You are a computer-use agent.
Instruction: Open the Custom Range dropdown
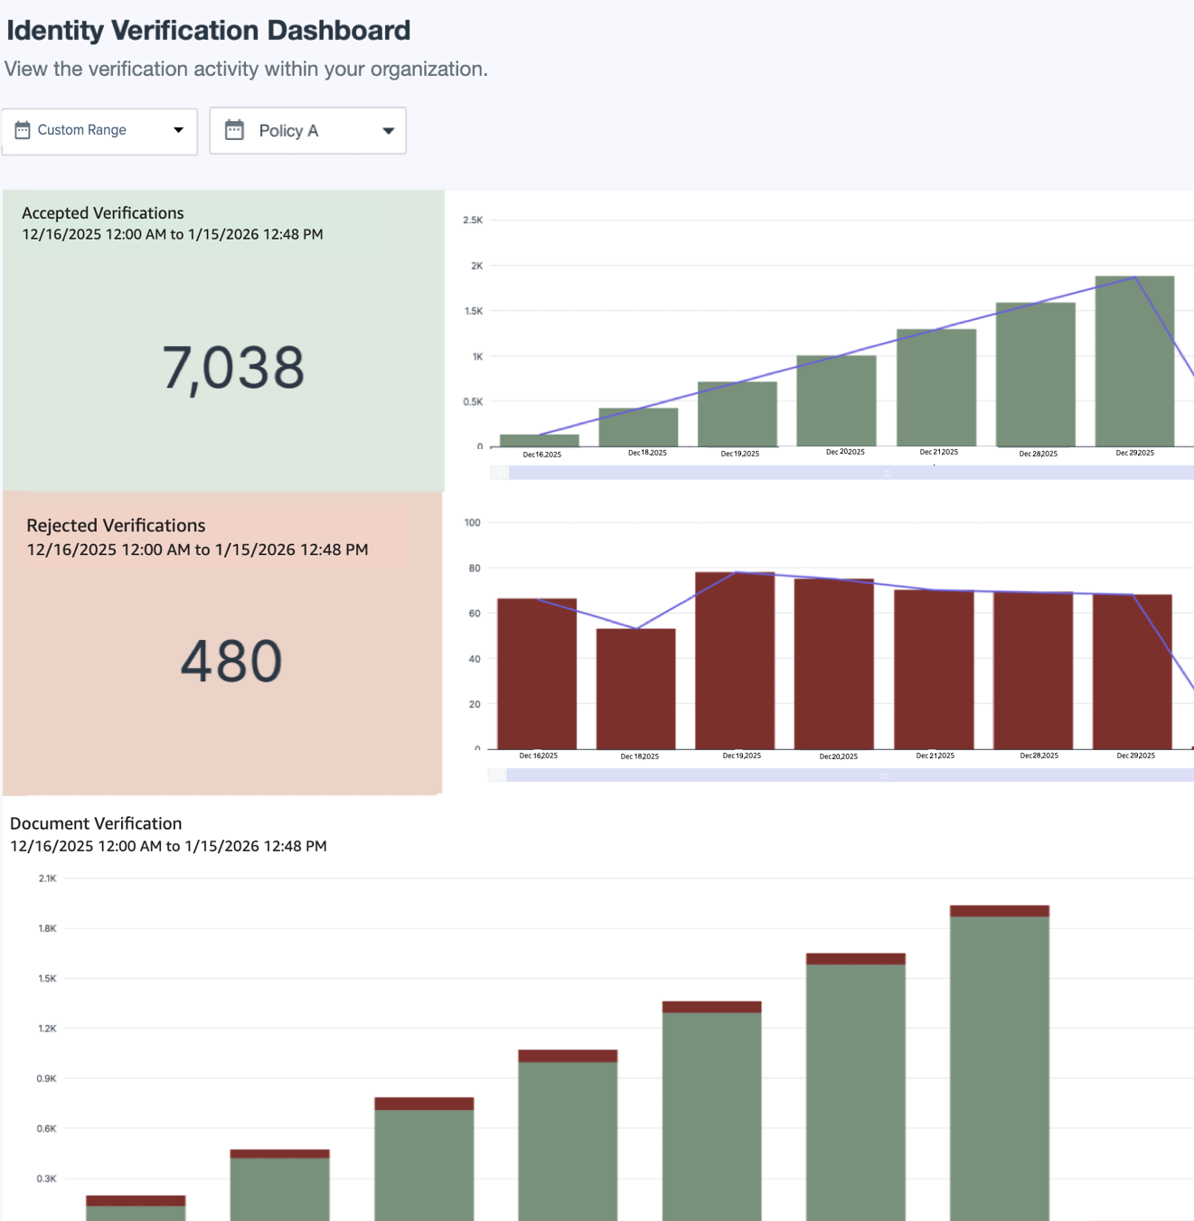(x=99, y=130)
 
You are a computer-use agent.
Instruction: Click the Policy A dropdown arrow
(x=389, y=131)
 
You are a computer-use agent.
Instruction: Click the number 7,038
(x=233, y=368)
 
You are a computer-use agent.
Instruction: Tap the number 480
(x=231, y=661)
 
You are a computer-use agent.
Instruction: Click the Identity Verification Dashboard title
(x=209, y=31)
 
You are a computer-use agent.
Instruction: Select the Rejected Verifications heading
(x=116, y=525)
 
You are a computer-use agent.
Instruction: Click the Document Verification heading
(x=96, y=823)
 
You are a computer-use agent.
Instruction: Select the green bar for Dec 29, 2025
(x=1134, y=362)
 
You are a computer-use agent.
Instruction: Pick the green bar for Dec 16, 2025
(x=539, y=440)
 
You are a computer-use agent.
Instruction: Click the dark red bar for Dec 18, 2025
(x=635, y=689)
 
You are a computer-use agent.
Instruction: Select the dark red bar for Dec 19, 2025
(x=734, y=660)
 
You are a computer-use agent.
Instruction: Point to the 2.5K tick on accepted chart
(x=473, y=220)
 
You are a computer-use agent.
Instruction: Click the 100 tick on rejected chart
(x=472, y=522)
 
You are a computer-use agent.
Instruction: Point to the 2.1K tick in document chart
(x=47, y=878)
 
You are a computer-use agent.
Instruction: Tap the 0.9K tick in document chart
(x=46, y=1078)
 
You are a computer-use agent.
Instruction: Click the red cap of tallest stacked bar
(x=999, y=911)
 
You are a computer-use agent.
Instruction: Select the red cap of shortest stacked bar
(x=136, y=1200)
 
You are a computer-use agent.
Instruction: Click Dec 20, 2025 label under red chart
(x=838, y=756)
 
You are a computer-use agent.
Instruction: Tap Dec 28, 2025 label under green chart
(x=1038, y=454)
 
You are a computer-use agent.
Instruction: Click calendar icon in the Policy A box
(x=234, y=130)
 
